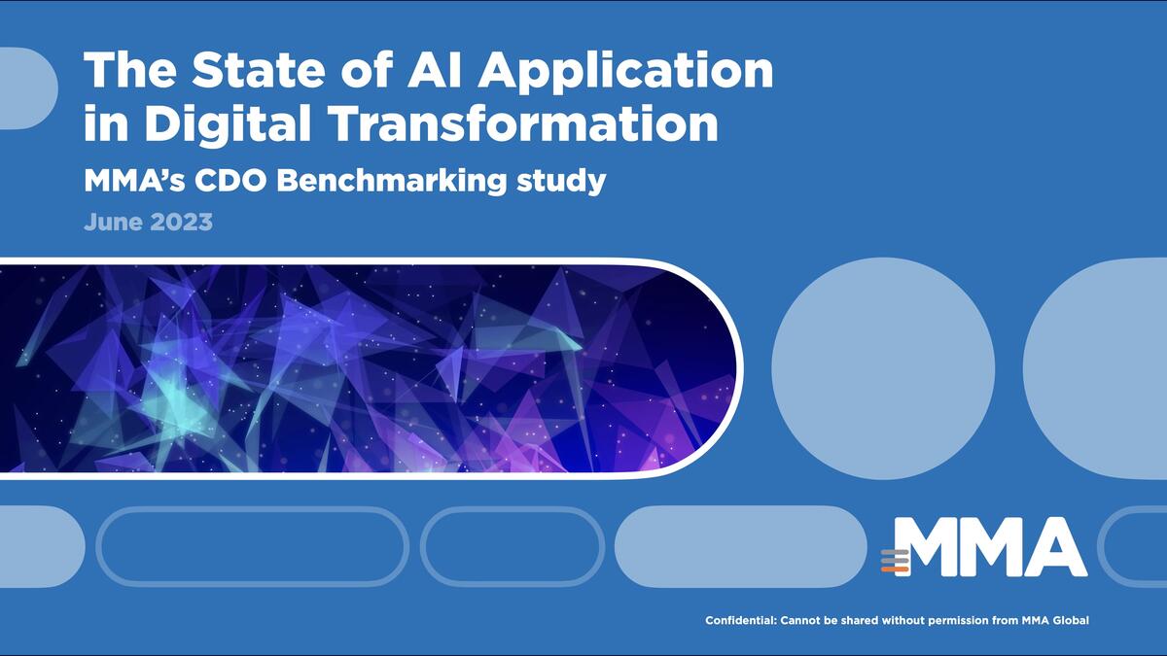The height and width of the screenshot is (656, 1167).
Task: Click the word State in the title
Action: [258, 70]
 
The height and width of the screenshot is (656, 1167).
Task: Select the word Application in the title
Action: [625, 73]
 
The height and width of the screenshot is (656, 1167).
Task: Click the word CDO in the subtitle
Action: [231, 181]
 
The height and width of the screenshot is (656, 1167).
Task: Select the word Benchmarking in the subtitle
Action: [392, 182]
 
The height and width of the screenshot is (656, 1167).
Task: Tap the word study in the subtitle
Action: [561, 182]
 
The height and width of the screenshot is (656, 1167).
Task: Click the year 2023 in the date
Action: [182, 222]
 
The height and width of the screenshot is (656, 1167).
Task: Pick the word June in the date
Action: [113, 222]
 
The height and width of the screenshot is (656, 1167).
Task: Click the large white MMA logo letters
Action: [990, 546]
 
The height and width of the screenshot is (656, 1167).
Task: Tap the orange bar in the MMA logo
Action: [895, 570]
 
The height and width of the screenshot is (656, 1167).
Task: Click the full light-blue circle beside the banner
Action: [883, 368]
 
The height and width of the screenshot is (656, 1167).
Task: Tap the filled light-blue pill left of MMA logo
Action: [741, 546]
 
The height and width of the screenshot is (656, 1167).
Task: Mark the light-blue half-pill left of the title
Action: [27, 88]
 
